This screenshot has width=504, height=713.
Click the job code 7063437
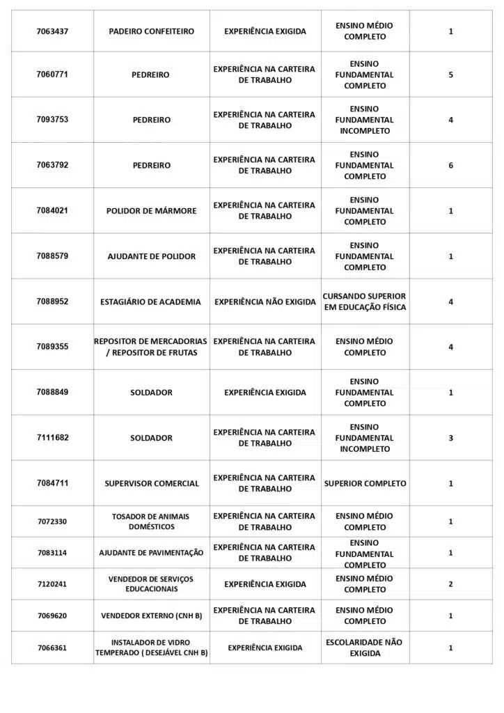pyautogui.click(x=52, y=31)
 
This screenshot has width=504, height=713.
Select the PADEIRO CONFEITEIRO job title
pyautogui.click(x=152, y=31)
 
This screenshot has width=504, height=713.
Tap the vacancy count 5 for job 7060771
pyautogui.click(x=450, y=75)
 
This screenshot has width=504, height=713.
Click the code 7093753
pyautogui.click(x=52, y=120)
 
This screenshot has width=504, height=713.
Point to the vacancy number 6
pyautogui.click(x=450, y=166)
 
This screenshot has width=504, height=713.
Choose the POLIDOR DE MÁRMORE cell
pyautogui.click(x=152, y=211)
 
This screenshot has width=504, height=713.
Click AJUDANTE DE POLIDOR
pyautogui.click(x=152, y=256)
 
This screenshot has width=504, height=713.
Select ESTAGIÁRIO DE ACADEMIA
pyautogui.click(x=150, y=302)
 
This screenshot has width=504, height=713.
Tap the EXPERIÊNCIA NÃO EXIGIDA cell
pyautogui.click(x=265, y=302)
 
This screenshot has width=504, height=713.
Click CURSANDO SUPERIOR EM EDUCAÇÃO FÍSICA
pyautogui.click(x=364, y=301)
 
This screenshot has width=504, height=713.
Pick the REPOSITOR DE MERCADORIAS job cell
pyautogui.click(x=150, y=347)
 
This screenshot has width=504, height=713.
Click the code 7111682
pyautogui.click(x=52, y=438)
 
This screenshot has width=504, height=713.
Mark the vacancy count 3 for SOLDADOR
pyautogui.click(x=450, y=438)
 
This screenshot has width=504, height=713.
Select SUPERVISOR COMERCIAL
pyautogui.click(x=152, y=483)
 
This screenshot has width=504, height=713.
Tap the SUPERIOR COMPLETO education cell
pyautogui.click(x=365, y=483)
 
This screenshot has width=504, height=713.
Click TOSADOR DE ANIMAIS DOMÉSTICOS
pyautogui.click(x=150, y=522)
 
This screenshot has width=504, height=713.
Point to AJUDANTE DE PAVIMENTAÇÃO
pyautogui.click(x=151, y=553)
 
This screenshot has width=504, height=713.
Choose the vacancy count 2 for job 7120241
pyautogui.click(x=450, y=584)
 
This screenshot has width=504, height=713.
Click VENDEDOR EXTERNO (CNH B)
pyautogui.click(x=151, y=616)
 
